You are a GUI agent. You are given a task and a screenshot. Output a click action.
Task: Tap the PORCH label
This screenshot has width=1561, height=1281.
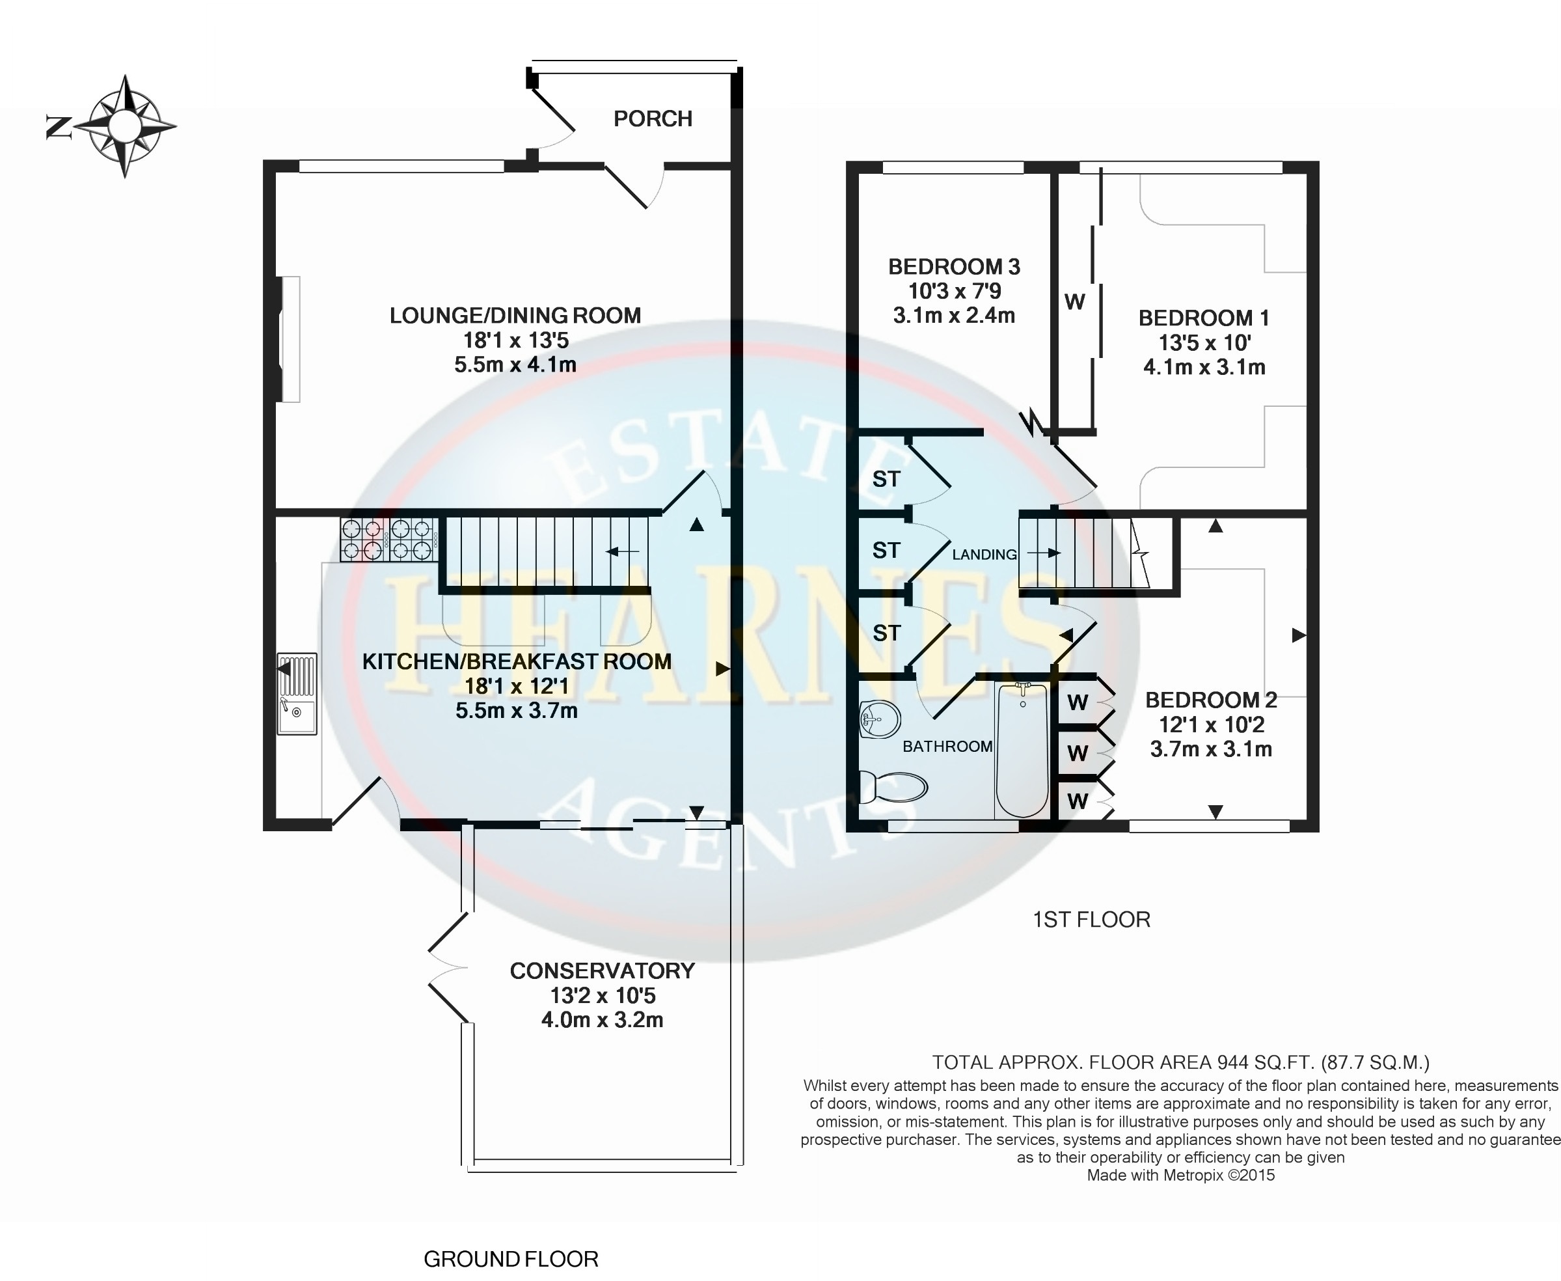(653, 119)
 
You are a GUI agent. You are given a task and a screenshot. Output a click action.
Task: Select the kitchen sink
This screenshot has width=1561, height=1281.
(297, 694)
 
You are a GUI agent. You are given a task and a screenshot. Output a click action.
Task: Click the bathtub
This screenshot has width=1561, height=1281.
(1022, 750)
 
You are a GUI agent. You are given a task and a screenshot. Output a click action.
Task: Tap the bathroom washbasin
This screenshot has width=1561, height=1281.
(880, 718)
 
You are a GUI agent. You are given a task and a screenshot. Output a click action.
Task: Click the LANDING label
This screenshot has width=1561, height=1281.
(984, 554)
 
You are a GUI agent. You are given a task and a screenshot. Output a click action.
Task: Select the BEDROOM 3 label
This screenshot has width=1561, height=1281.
(954, 266)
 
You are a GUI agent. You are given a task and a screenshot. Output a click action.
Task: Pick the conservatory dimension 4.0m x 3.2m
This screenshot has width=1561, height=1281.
(602, 1021)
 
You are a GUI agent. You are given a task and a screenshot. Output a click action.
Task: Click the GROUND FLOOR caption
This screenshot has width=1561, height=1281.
(511, 1258)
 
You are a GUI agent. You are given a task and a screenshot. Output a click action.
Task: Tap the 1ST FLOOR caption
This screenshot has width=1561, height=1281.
(1091, 920)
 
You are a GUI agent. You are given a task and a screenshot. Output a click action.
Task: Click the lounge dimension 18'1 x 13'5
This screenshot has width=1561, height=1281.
(515, 340)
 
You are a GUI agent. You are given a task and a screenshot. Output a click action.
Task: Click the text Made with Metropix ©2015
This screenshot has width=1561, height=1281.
(1180, 1175)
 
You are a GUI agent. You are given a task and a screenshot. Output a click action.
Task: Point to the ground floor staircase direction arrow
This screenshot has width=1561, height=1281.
(622, 551)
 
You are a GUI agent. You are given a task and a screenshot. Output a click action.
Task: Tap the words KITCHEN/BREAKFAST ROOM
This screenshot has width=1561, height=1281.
(517, 661)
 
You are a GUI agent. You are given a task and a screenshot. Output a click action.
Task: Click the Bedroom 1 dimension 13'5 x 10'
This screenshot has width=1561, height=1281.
(1204, 343)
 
